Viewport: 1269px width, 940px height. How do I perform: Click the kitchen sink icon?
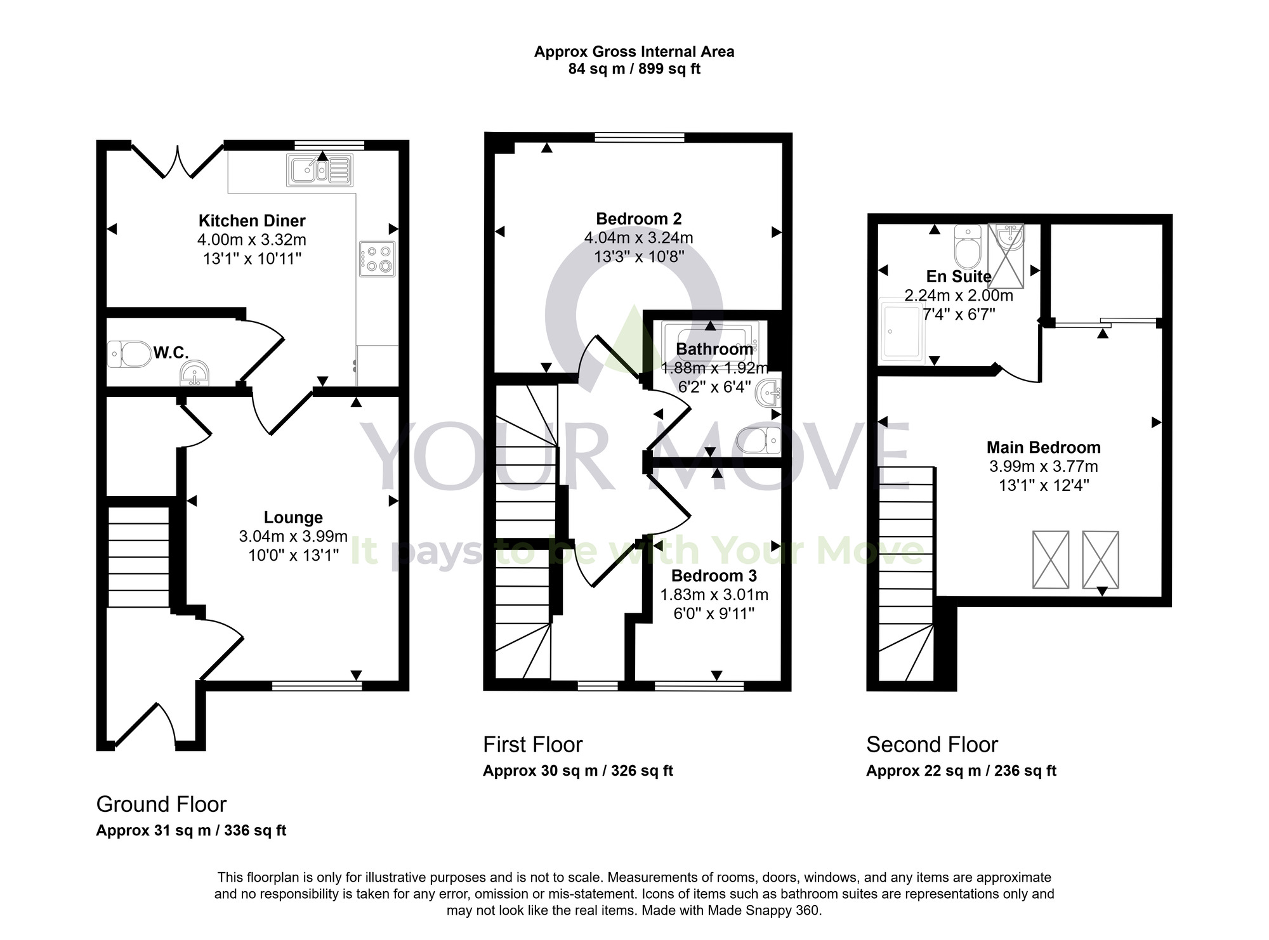point(319,170)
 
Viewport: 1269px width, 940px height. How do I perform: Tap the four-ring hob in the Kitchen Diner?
point(377,259)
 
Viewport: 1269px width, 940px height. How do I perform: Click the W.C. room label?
point(171,353)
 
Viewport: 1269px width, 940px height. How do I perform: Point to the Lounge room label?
point(293,518)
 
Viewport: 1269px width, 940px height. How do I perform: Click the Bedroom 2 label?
point(638,219)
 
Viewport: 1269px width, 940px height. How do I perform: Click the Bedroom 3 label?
point(714,576)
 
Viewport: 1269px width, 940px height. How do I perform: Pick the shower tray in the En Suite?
point(900,332)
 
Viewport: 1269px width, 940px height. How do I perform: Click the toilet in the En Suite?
point(968,247)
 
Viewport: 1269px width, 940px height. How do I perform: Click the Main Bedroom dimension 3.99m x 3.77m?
point(1043,467)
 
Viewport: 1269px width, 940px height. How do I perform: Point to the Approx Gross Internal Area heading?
point(634,52)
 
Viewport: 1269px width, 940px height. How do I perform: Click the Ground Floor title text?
point(161,804)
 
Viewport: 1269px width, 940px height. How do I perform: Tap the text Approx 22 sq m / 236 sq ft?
point(961,771)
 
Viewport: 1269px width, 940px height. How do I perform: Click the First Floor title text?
point(532,745)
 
